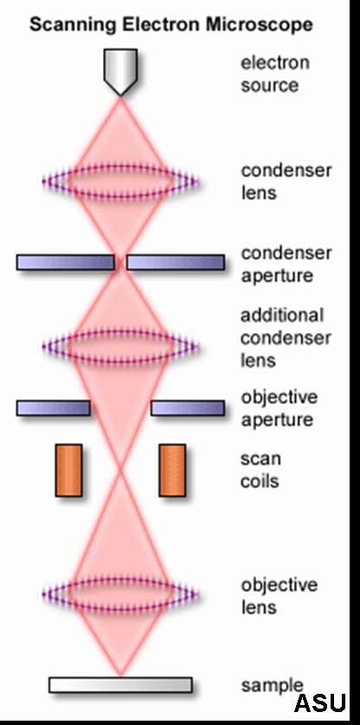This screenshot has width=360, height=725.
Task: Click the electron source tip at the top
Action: coord(120,95)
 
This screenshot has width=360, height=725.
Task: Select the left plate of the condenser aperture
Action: coord(65,262)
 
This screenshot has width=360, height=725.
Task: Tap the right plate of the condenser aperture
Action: coord(176,262)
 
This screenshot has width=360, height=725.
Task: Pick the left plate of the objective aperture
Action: coord(53,408)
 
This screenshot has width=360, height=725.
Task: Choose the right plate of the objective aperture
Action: coord(188,408)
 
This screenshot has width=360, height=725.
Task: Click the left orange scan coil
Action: coord(69,471)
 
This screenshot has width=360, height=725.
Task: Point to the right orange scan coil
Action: coord(172,471)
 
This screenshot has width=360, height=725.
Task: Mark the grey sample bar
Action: coord(120,685)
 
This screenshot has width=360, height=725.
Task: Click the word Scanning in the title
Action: coord(73,24)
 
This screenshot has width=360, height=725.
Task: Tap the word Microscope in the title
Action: coord(260,24)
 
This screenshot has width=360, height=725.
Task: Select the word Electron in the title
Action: coord(162,23)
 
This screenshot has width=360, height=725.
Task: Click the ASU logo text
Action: coord(320,703)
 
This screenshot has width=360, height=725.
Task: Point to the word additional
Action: coord(282,315)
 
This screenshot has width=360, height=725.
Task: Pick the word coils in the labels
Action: coord(260,481)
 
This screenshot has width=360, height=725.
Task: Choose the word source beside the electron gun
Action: coord(269,86)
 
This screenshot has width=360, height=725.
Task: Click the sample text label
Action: coord(272,686)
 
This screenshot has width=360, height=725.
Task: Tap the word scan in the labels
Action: coord(260,459)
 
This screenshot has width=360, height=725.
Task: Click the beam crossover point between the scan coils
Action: coord(120,471)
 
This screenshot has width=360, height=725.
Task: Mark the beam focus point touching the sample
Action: coord(120,676)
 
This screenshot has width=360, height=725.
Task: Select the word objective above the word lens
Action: coord(279,586)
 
